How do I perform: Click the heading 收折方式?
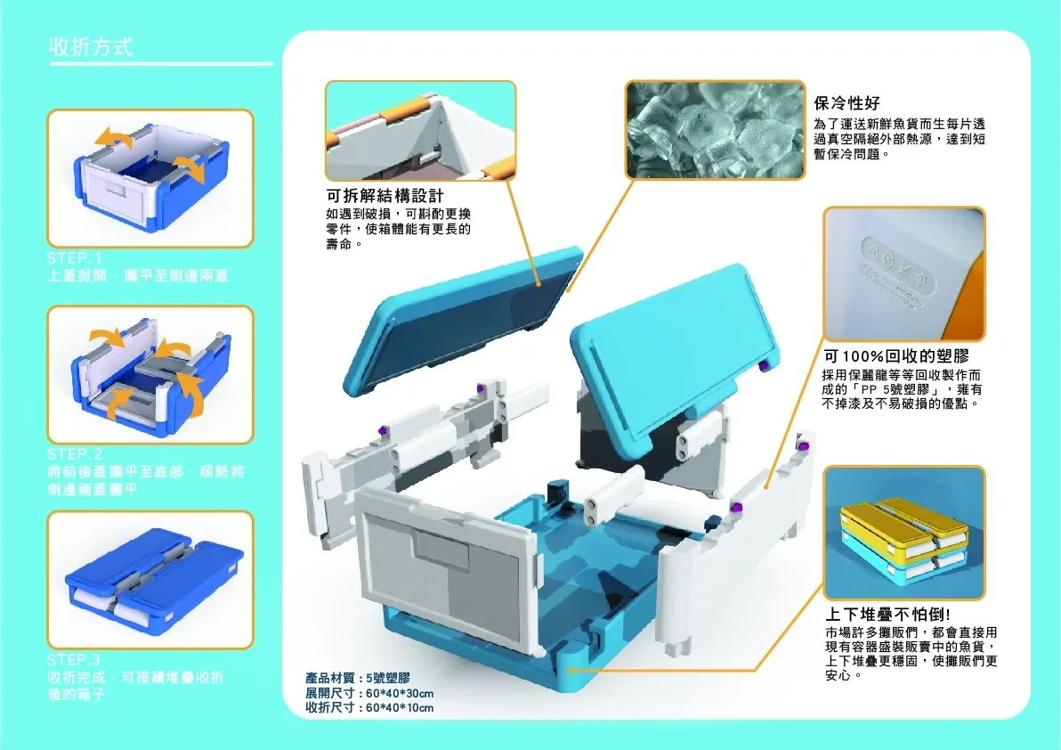[x=91, y=47]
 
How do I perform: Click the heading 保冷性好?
[x=847, y=102]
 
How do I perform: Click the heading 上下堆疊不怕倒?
[x=889, y=615]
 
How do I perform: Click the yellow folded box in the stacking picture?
[x=903, y=525]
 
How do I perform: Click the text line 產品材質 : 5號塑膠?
[x=357, y=679]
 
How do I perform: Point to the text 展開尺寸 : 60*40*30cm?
[x=369, y=694]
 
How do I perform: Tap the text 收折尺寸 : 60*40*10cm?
[x=369, y=709]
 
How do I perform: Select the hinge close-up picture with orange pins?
[x=420, y=130]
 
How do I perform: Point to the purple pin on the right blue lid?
[x=765, y=367]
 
